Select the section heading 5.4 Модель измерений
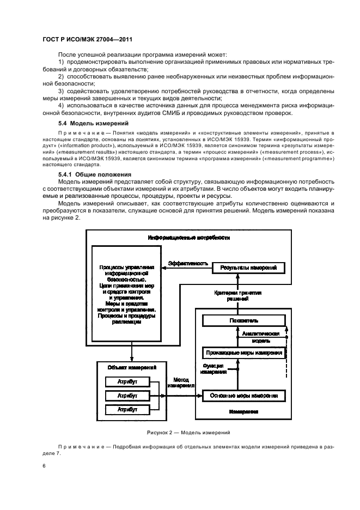(86, 124)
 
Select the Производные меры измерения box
(243, 353)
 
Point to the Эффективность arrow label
(188, 263)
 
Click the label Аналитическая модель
(261, 336)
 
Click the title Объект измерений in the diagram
(130, 369)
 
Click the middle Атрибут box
(127, 396)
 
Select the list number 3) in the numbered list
(61, 91)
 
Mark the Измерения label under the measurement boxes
(243, 412)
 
